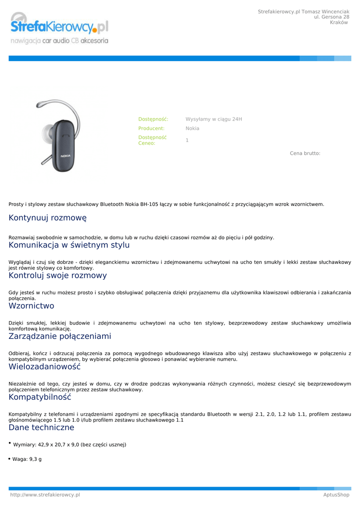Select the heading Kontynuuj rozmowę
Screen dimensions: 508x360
pos(48,218)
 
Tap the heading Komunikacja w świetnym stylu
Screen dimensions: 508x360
pos(69,245)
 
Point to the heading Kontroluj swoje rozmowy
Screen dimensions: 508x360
pos(58,275)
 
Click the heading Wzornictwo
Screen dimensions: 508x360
pos(31,306)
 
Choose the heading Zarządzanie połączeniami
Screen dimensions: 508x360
pos(60,336)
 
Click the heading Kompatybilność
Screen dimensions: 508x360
pos(40,397)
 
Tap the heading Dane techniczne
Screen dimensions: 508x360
pos(41,428)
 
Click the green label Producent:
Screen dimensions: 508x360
pos(151,128)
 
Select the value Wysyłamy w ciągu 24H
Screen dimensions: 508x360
pos(214,120)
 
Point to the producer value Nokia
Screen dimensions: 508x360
pos(192,128)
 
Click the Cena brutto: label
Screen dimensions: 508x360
pos(305,154)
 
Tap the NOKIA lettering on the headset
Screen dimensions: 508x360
pos(66,156)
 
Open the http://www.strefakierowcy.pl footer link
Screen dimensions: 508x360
pos(45,495)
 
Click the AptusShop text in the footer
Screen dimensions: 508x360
pos(336,495)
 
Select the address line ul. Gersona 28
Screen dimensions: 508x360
pos(331,17)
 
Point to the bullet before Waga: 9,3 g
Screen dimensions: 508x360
pos(9,459)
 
